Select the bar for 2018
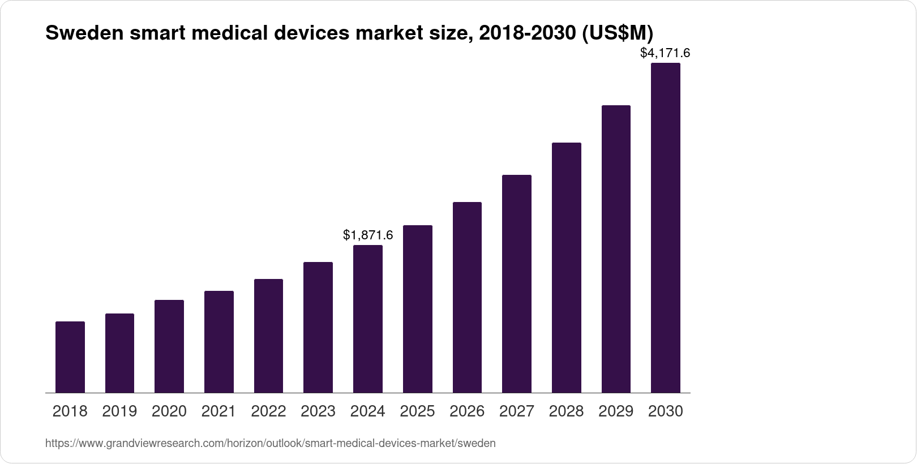(x=70, y=357)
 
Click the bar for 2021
(x=219, y=342)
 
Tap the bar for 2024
(x=368, y=319)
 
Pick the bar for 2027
(x=516, y=283)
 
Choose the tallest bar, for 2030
(x=665, y=227)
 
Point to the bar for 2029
(x=616, y=249)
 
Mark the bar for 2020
(x=169, y=346)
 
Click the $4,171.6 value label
(x=665, y=53)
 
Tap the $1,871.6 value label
(x=368, y=235)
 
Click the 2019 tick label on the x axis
(x=119, y=411)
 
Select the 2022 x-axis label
(x=268, y=411)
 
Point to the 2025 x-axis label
(x=417, y=411)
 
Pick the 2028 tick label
(x=566, y=411)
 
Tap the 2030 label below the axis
(x=665, y=411)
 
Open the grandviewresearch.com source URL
(x=270, y=444)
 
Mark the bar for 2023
(x=318, y=327)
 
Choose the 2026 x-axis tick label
(x=467, y=411)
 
